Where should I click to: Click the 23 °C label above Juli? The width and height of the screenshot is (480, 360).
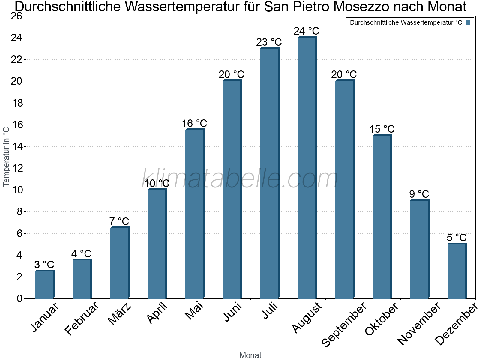[269, 42]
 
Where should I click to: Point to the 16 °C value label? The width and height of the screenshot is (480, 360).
[194, 123]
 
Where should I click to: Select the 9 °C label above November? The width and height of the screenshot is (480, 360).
[419, 194]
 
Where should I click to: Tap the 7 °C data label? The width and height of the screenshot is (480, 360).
[119, 221]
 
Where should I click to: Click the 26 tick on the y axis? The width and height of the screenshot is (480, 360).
[16, 16]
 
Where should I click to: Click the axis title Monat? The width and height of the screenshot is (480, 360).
[250, 355]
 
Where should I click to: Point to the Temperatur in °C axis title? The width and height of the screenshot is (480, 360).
[6, 156]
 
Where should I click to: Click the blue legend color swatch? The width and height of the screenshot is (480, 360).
[468, 22]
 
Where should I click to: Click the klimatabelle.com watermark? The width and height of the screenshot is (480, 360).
[240, 178]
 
